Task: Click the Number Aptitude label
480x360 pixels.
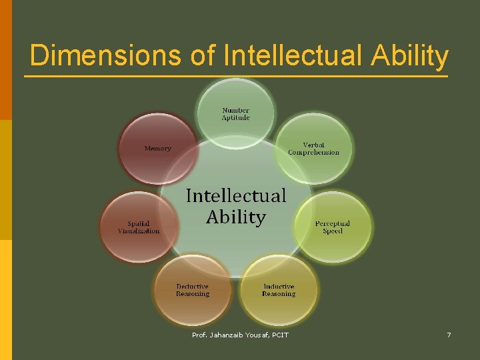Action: pos(236,114)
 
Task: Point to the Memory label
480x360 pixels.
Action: pos(158,149)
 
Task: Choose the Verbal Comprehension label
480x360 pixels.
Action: pos(313,149)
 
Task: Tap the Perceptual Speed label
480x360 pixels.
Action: pos(332,227)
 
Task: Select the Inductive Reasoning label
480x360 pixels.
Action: pos(279,290)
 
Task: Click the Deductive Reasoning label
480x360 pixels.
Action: pos(193,290)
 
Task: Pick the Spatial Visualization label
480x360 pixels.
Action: pos(139,227)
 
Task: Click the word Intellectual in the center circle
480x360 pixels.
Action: pos(235,195)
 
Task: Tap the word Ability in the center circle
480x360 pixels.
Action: pos(235,217)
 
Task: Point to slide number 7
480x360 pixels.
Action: pos(449,335)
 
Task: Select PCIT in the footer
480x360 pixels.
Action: pos(281,335)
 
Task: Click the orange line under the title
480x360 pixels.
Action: pos(236,76)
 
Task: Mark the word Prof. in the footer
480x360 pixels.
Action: pos(200,335)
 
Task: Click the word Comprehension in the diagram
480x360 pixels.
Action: pos(313,153)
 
